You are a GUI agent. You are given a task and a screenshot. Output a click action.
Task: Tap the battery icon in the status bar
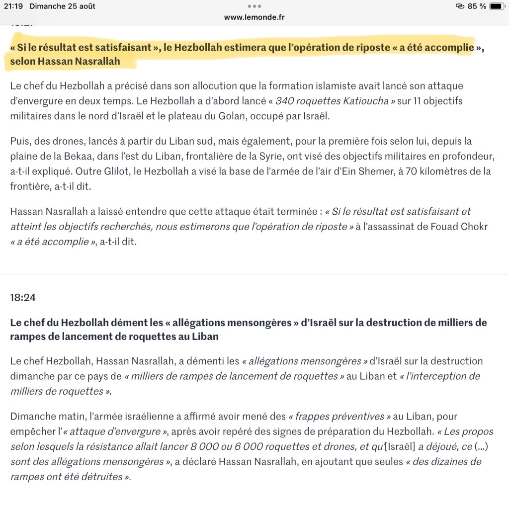point(497,6)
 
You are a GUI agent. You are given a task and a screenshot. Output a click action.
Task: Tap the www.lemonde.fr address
point(254,17)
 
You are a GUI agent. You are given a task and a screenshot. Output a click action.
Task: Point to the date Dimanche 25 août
point(62,6)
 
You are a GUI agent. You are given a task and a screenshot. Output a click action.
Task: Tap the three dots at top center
point(254,6)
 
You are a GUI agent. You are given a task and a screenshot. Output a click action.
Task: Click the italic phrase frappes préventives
point(336,416)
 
